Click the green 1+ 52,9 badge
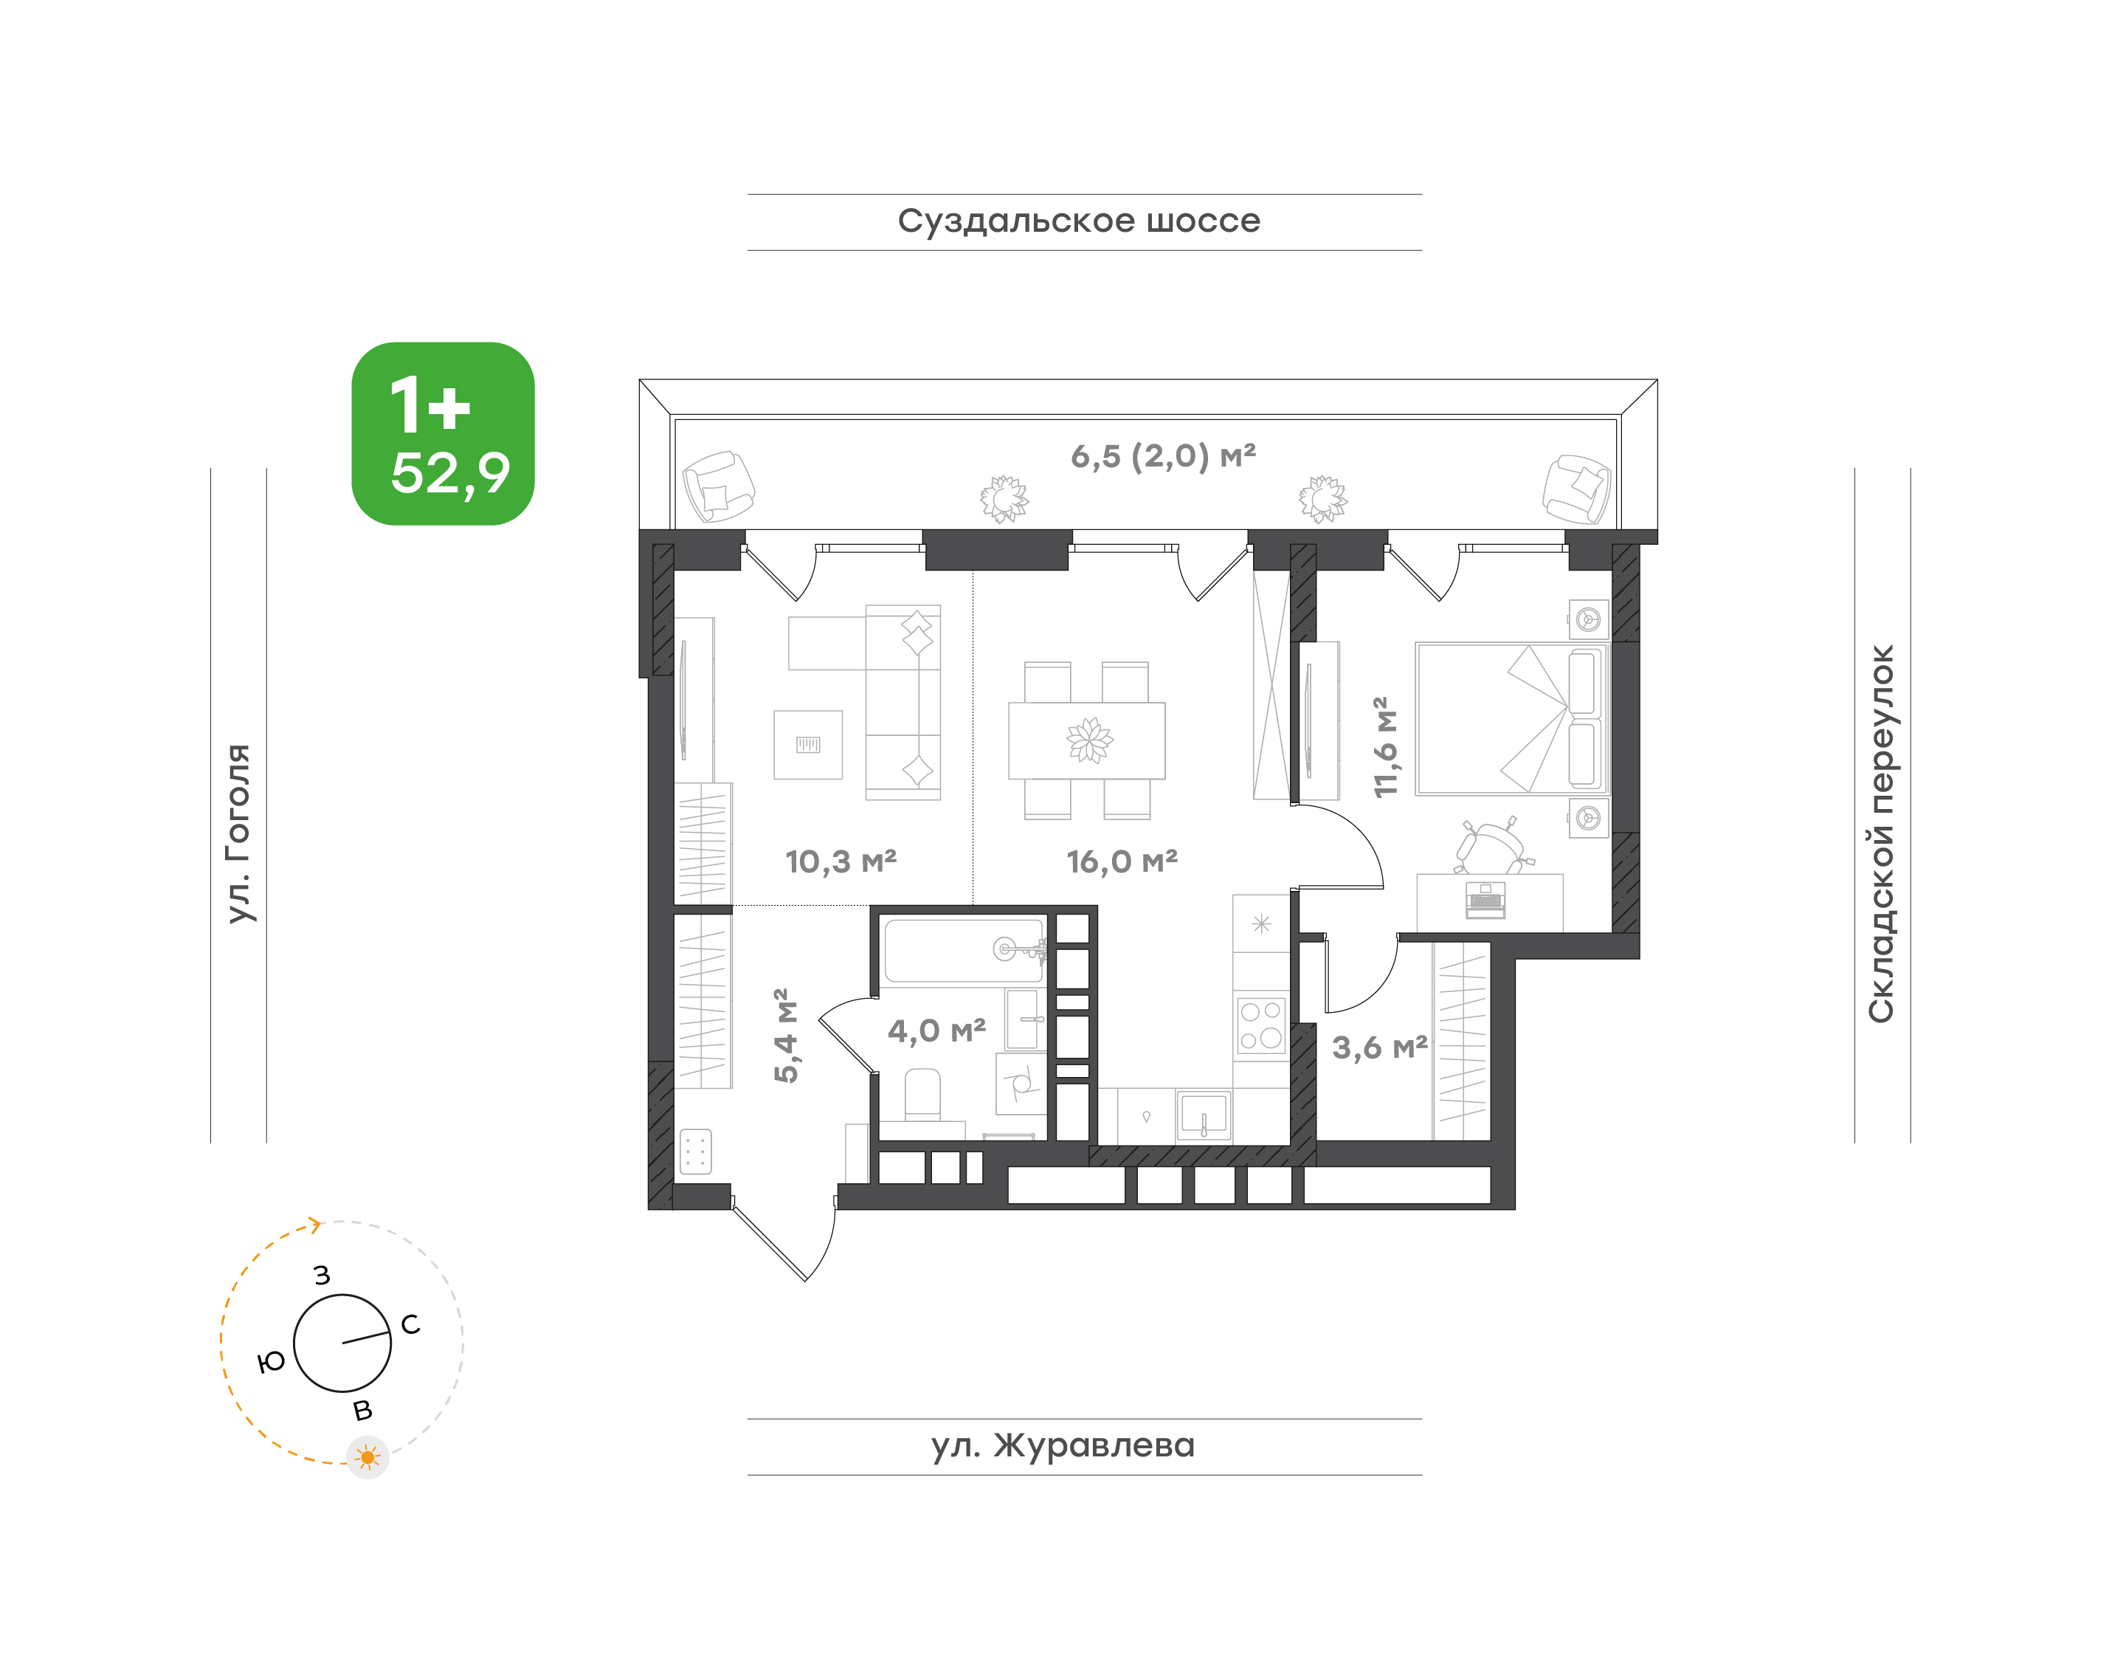click(443, 434)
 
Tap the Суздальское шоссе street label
click(1079, 221)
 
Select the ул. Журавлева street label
click(1062, 1445)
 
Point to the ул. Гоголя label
click(238, 833)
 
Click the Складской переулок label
click(1881, 833)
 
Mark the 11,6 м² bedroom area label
click(1385, 746)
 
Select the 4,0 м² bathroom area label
click(936, 1030)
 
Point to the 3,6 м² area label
click(1379, 1047)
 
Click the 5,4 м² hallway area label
click(785, 1036)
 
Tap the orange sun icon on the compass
click(368, 1458)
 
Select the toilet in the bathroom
click(922, 1095)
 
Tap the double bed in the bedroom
click(1511, 718)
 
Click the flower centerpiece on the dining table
click(1089, 740)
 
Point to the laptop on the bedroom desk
click(1485, 900)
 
